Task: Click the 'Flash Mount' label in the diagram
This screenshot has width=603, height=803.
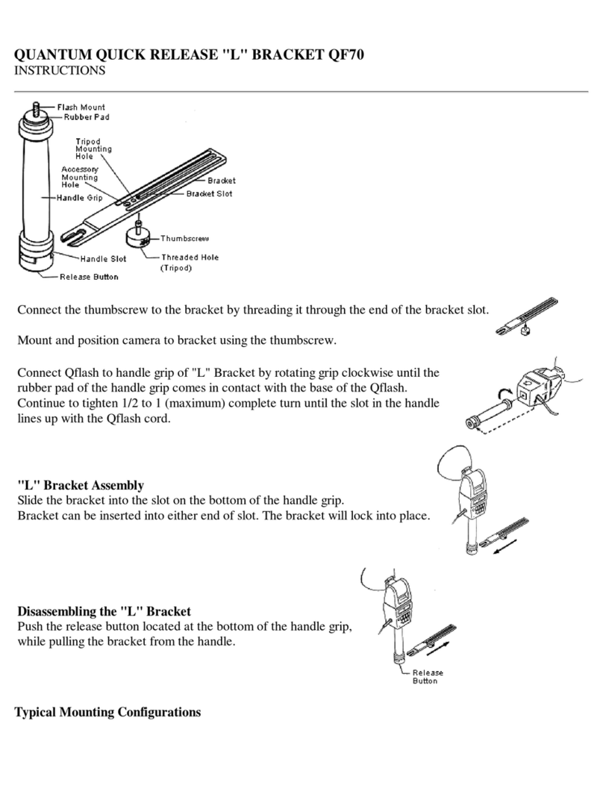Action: [x=81, y=107]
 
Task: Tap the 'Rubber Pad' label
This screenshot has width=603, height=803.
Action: [x=83, y=116]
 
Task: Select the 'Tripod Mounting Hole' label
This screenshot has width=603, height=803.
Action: [x=93, y=149]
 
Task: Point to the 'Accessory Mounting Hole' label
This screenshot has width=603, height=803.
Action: [x=80, y=177]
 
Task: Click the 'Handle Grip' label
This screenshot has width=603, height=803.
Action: [x=81, y=198]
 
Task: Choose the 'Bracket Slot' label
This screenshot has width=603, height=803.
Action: [x=209, y=194]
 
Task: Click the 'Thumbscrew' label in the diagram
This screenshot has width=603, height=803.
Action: [x=185, y=238]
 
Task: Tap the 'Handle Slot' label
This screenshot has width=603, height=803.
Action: [x=104, y=259]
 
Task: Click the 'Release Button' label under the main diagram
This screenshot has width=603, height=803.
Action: [x=89, y=277]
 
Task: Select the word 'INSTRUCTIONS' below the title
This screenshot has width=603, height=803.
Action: [x=60, y=71]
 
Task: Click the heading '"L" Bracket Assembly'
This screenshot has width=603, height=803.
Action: [x=81, y=485]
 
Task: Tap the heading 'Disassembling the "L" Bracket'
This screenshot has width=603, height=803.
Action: [x=104, y=610]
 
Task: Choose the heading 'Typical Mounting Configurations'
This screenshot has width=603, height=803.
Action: [x=108, y=712]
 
